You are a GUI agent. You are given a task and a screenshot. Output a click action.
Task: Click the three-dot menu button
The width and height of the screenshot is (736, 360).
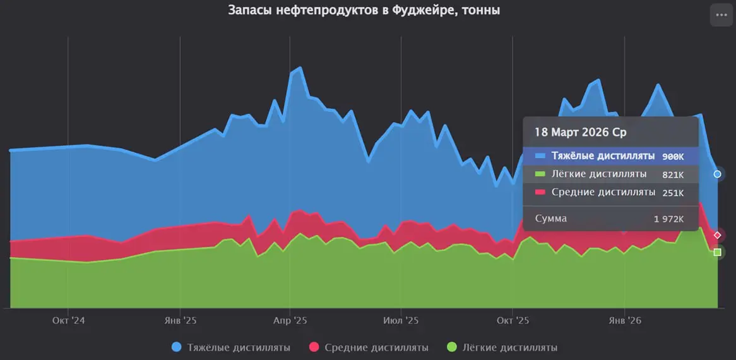coord(721,15)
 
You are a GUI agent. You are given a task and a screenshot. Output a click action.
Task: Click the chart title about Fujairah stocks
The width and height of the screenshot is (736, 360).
coord(364,11)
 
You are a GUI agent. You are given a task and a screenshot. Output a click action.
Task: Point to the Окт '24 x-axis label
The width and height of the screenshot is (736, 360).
coord(69,321)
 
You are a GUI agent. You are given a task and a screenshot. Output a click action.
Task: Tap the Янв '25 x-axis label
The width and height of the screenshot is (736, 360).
coord(180,321)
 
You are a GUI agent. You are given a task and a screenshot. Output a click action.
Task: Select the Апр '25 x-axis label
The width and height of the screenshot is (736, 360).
coord(290,321)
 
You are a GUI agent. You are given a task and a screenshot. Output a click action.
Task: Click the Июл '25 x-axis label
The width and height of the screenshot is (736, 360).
coord(401,321)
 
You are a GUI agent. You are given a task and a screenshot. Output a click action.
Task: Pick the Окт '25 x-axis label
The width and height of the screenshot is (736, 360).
coord(513,321)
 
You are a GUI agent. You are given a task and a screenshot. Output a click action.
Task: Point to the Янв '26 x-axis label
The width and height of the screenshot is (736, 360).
coord(624,321)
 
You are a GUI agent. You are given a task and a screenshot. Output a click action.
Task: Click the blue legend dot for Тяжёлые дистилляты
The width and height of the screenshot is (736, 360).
coord(177,347)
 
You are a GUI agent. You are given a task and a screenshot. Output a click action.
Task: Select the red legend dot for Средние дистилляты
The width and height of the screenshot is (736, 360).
coord(314,347)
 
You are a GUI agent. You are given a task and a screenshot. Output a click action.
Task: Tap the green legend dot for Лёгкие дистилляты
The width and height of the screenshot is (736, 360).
coord(452,347)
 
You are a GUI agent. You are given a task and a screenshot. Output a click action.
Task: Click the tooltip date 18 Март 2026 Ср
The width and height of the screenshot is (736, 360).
coord(581,133)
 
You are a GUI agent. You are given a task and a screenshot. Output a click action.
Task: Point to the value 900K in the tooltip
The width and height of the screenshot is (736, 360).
coord(673,156)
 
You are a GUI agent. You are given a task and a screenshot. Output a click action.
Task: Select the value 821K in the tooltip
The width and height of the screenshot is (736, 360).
coord(673,174)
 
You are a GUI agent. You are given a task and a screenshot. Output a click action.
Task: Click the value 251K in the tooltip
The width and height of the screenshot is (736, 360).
coord(673,193)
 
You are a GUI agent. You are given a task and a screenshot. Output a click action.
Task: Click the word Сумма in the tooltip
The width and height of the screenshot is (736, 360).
coord(551,219)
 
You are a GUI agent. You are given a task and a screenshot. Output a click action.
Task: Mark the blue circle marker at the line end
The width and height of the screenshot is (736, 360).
coord(717,174)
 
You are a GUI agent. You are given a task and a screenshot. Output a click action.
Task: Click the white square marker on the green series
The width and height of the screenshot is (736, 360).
coord(717,253)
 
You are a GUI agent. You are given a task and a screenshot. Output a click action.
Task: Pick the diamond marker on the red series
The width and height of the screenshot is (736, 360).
coord(717,236)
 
